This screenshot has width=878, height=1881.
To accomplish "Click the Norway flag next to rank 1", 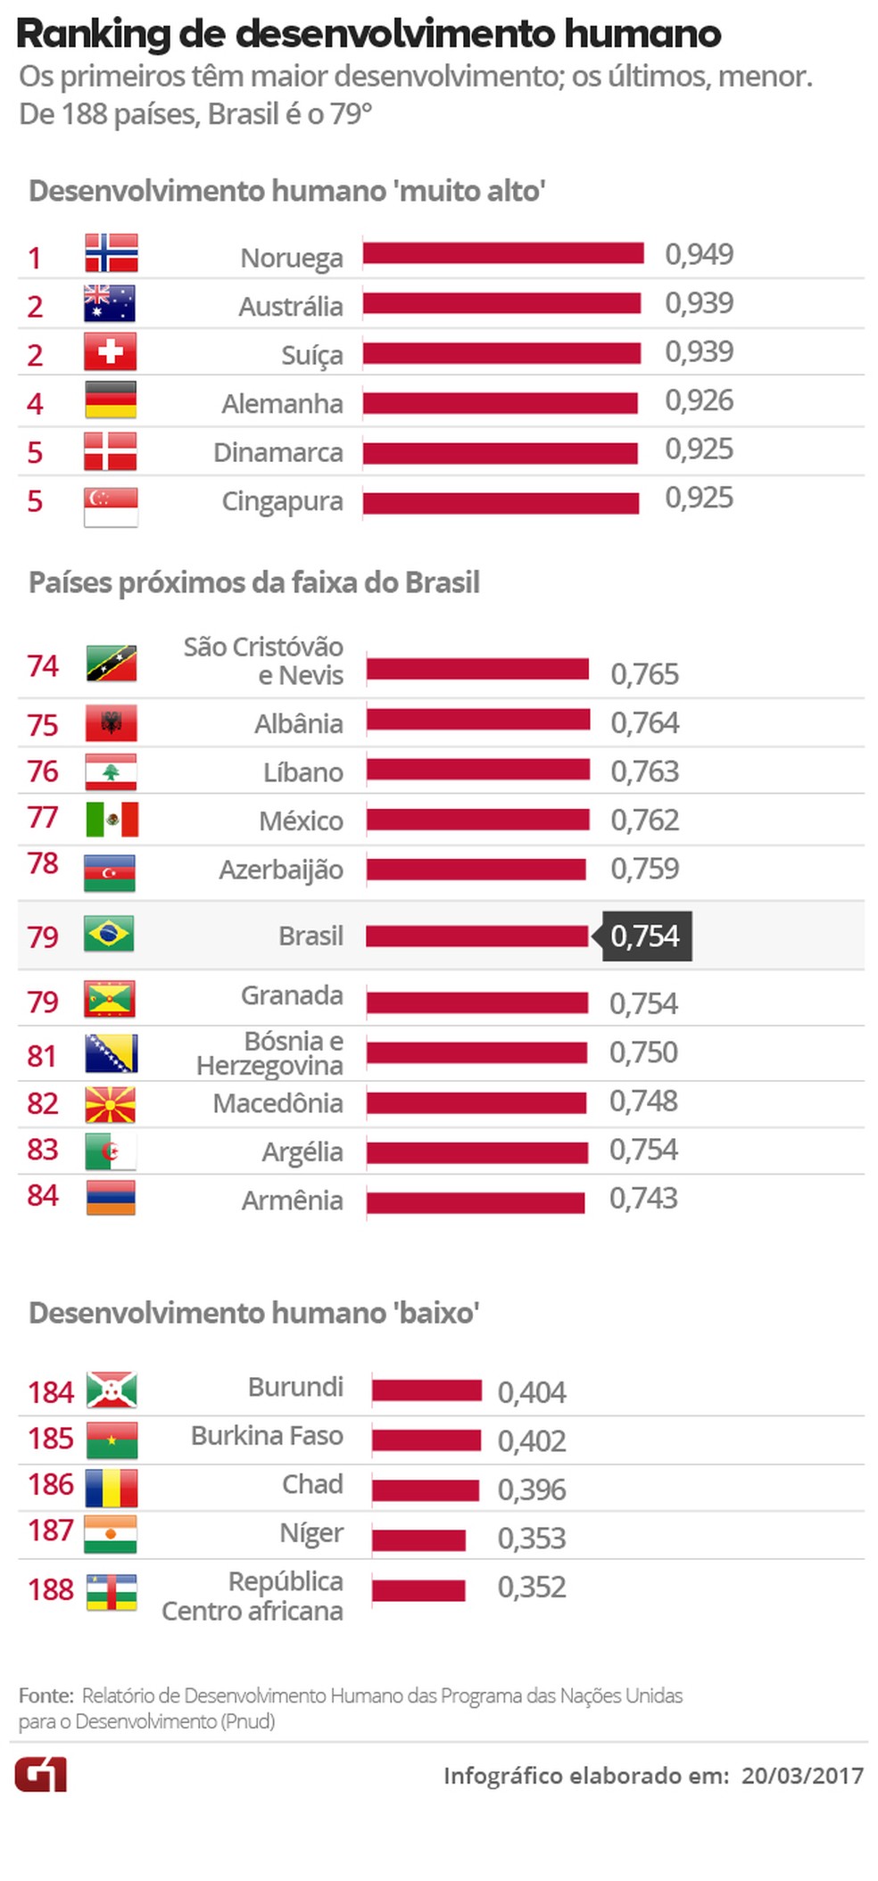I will pos(111,252).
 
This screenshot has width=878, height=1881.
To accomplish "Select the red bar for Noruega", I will pos(502,253).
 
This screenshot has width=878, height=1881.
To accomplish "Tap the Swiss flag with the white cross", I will pos(110,351).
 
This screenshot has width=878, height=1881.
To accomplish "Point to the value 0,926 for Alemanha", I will pos(699,400).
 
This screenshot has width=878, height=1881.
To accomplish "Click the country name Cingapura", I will pos(282,501).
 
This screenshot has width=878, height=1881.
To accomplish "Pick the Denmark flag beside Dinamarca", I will pos(110,451).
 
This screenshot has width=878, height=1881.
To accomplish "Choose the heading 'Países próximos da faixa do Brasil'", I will pos(254,582).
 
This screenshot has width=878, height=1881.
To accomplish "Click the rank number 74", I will pos(42,665).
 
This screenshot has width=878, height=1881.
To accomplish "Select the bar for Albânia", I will pos(478,719).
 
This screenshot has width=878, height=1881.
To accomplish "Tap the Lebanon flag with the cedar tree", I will pos(111,772).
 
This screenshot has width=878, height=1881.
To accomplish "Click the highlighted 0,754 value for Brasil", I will pos(646,936).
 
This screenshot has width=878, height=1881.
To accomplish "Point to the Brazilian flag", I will pos(109,934).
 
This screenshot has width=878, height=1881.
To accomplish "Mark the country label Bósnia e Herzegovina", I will pos(269,1053).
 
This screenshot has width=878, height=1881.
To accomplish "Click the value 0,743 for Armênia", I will pos(643,1198).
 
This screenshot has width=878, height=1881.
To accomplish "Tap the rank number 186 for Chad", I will pos(50,1484).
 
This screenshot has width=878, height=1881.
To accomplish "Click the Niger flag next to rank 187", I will pos(111,1533).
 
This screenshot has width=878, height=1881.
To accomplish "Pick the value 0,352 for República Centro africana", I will pos(532,1587).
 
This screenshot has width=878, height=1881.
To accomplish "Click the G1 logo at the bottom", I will pos(40,1774).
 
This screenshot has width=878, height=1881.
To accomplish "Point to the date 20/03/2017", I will pos(802,1775).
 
